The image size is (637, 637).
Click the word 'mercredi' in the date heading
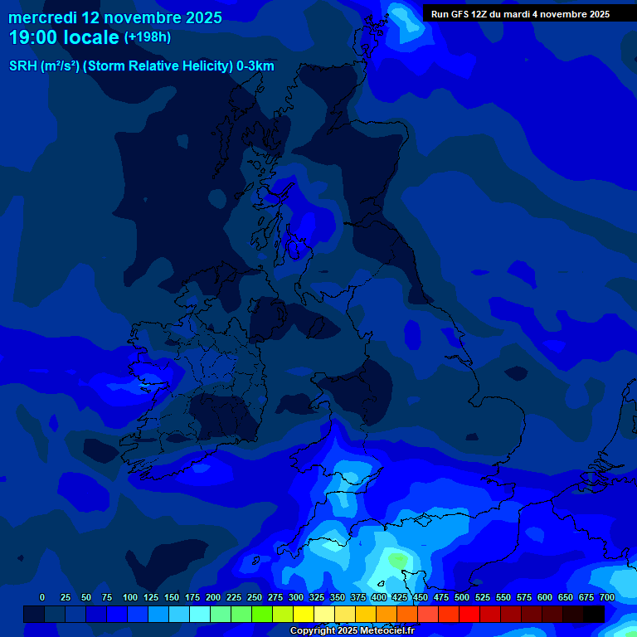point(41,17)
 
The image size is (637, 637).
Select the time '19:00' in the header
point(32,37)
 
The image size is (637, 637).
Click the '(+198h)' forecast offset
point(148,37)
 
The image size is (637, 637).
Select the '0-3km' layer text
point(255,66)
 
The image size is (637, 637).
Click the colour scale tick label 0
point(42,598)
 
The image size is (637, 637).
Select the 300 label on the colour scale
point(296,598)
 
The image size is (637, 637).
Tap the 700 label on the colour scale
point(607,598)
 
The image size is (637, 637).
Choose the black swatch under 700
point(594,614)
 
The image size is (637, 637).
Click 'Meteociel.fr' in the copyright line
point(387,631)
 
